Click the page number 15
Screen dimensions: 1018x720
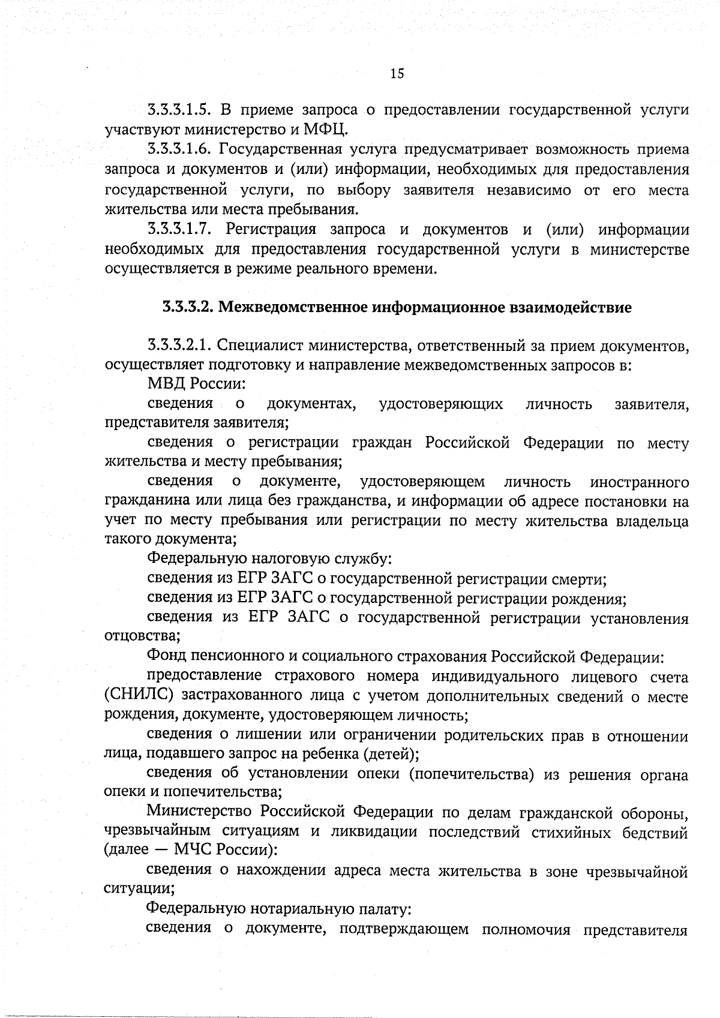click(397, 74)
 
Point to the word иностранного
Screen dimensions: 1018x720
click(638, 482)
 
